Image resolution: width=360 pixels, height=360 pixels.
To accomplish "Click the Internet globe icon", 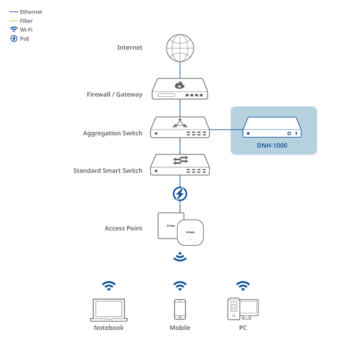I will [x=180, y=48].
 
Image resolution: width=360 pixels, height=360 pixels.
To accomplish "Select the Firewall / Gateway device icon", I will [x=180, y=89].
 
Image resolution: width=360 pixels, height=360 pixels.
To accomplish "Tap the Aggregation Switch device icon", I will [x=180, y=127].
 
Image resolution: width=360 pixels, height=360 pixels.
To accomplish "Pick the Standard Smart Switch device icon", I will [x=180, y=165].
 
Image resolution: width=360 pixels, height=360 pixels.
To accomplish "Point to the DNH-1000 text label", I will [x=272, y=145].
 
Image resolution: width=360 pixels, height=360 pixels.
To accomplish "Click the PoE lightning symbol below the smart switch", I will [x=180, y=194].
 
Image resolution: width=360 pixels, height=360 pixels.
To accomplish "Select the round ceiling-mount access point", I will [x=190, y=232].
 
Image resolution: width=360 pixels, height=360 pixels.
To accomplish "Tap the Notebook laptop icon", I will [x=109, y=310].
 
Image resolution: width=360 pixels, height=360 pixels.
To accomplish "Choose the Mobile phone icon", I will [x=180, y=309].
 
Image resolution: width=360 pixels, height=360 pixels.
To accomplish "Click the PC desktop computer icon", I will [x=243, y=309].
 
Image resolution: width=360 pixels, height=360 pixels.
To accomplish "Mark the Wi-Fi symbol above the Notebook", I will [x=109, y=286].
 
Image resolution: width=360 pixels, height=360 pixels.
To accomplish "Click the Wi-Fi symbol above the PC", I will [x=243, y=286].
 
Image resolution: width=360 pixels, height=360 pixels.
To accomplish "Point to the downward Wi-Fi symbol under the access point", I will [x=180, y=257].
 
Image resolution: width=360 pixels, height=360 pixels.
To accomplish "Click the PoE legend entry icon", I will [x=13, y=39].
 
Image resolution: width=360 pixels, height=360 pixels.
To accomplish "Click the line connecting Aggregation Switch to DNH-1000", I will [x=226, y=130].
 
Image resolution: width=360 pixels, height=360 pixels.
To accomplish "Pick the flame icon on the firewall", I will [x=180, y=85].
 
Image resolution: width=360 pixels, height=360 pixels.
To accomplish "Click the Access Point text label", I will [x=123, y=228].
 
